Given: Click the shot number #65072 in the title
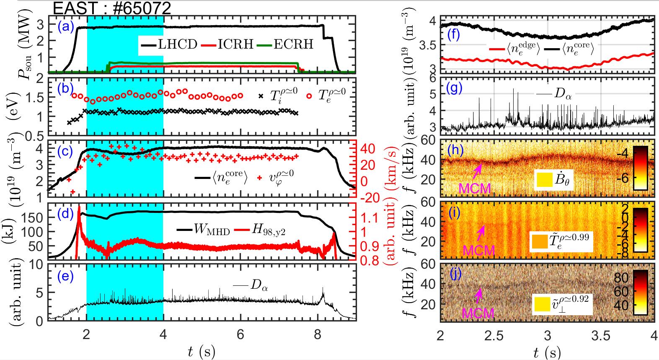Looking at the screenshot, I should point(139,8).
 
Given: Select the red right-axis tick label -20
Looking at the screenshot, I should point(369,197).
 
